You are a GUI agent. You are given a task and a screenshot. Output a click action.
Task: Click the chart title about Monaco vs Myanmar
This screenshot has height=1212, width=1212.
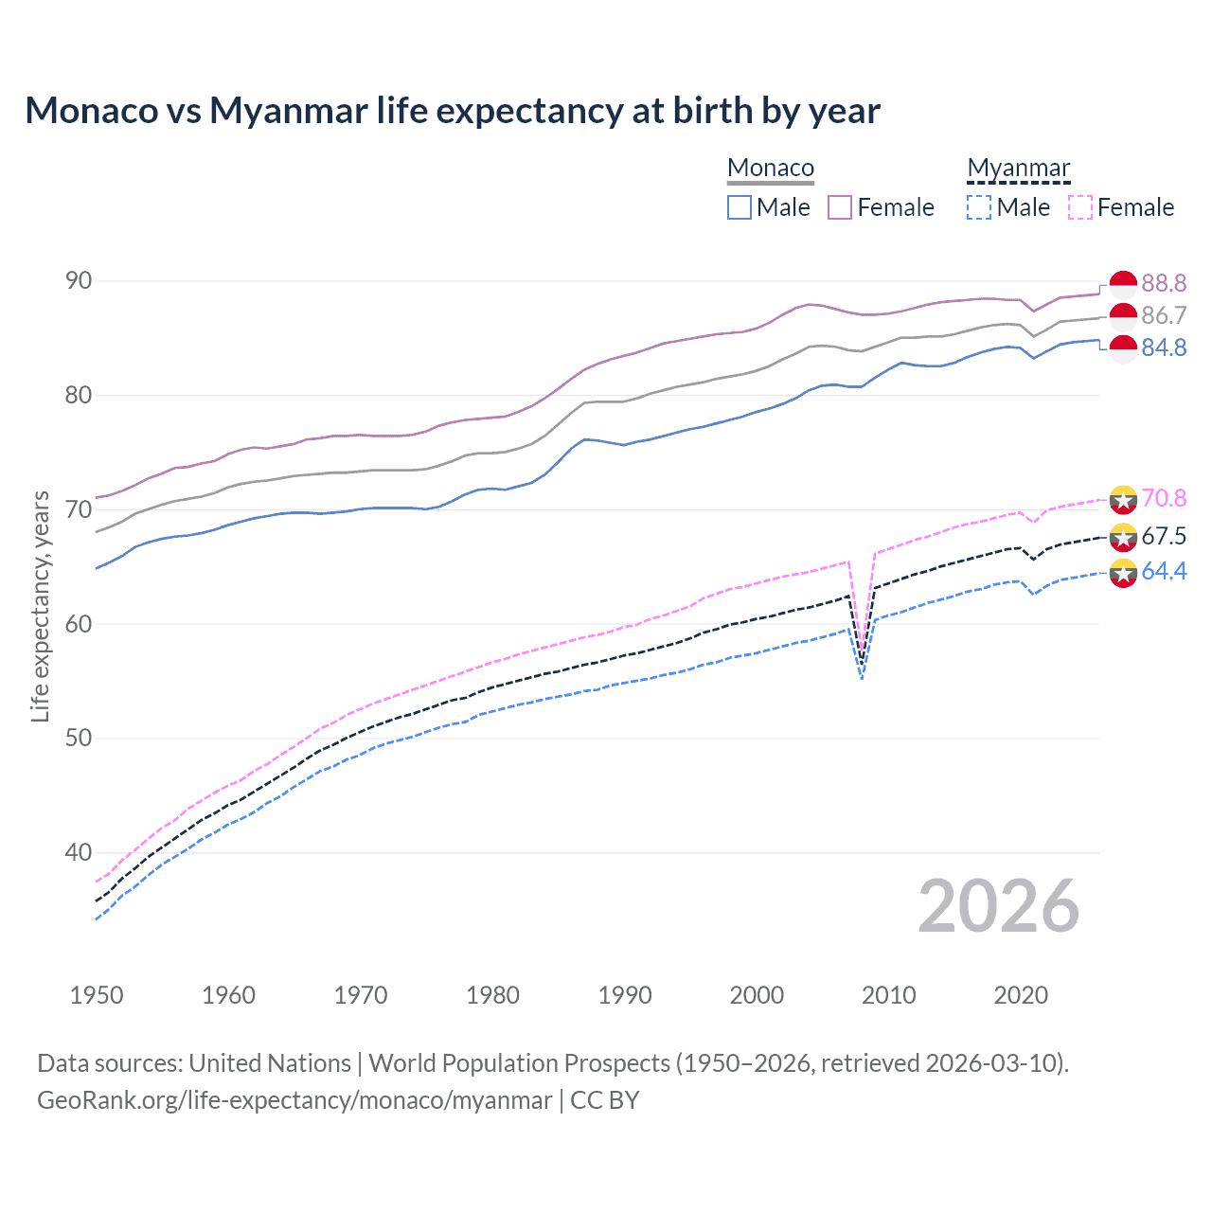[452, 111]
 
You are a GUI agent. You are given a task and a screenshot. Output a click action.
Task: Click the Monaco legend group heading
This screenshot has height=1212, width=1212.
[771, 169]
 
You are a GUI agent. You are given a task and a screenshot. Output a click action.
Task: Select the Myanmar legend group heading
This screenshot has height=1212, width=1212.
[1018, 169]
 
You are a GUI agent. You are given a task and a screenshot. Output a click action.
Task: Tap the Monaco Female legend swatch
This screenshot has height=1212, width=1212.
[840, 207]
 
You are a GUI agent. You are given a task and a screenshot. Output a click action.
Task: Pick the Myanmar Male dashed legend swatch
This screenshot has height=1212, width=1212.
[979, 207]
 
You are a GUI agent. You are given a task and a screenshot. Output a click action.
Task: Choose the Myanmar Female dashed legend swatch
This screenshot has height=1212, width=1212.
[1079, 207]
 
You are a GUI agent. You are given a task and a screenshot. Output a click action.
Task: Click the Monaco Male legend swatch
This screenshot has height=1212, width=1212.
[740, 207]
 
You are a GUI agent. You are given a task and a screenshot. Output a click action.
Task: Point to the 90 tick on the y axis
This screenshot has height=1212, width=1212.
[79, 281]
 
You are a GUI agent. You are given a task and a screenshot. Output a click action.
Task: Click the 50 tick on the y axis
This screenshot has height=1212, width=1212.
[79, 739]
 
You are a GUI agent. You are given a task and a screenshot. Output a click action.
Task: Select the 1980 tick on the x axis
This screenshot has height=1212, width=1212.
[492, 995]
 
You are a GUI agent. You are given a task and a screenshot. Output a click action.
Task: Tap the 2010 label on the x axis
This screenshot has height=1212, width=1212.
[888, 995]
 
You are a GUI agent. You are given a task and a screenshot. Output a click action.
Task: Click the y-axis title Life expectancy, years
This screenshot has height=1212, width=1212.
[40, 606]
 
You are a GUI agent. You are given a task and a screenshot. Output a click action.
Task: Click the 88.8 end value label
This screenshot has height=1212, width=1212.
[1164, 283]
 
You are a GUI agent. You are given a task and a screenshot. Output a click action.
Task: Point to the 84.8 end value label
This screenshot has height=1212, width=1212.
[1164, 348]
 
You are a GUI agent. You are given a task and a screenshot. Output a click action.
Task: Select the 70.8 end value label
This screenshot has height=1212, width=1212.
[1164, 499]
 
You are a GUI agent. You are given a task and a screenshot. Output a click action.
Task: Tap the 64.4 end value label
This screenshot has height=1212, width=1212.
[1164, 572]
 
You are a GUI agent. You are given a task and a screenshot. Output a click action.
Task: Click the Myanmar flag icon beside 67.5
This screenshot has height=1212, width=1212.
[1123, 537]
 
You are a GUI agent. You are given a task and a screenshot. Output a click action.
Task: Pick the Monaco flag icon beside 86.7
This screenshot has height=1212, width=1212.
[1123, 316]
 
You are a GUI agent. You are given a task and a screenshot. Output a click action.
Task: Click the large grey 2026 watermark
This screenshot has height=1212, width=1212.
[998, 906]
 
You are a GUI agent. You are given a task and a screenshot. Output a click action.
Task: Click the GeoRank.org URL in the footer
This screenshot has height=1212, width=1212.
[294, 1100]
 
